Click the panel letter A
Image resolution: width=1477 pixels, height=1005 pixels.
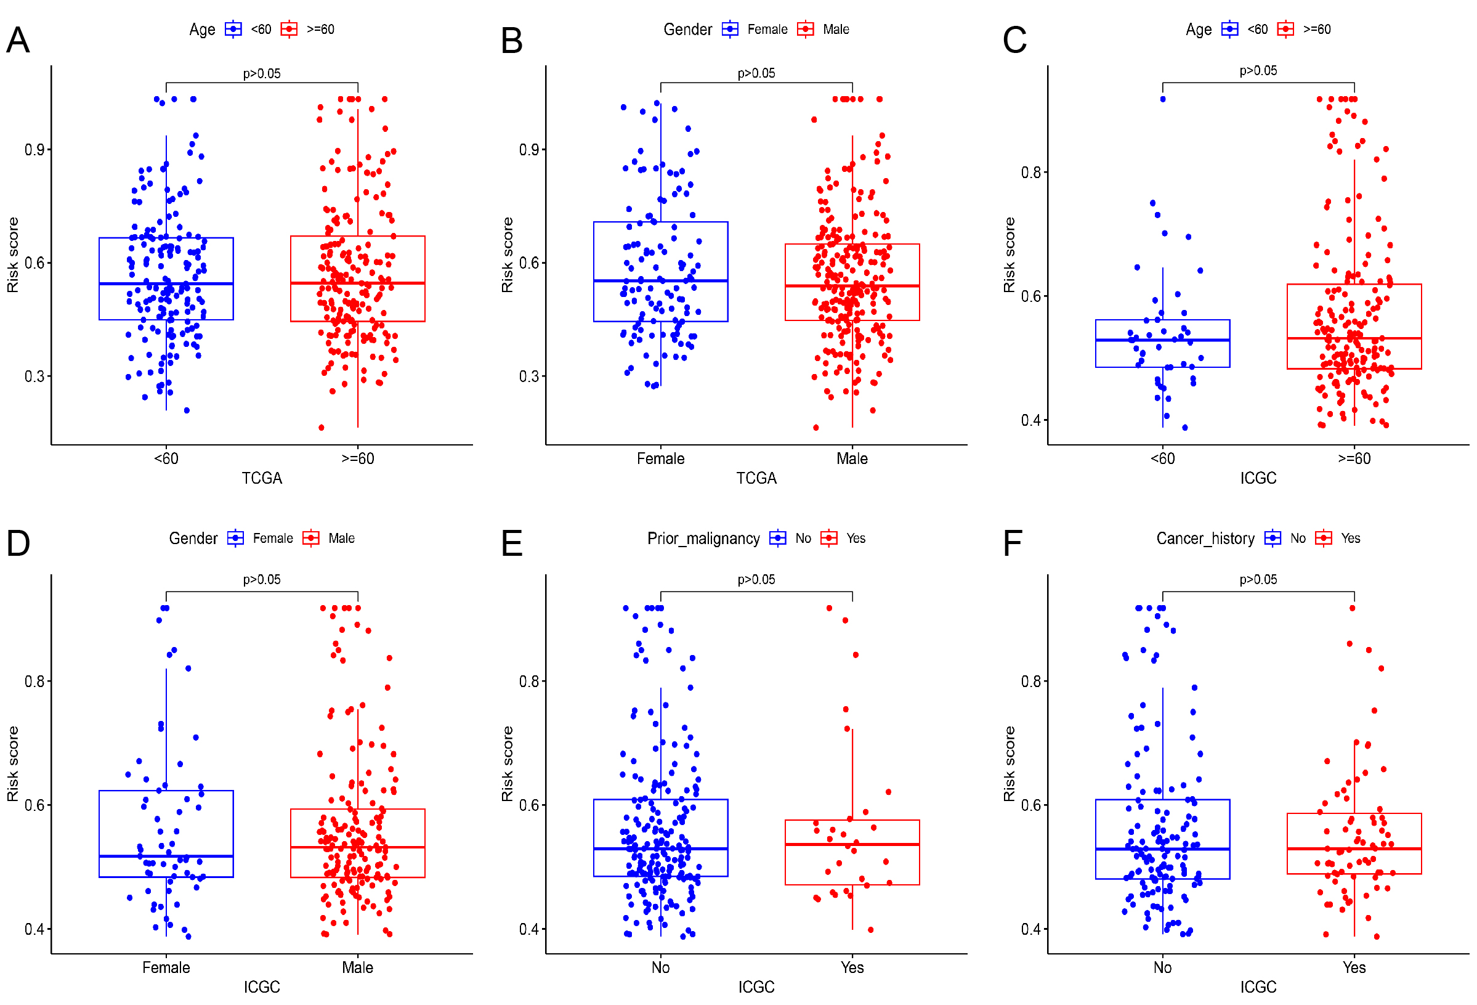(x=18, y=40)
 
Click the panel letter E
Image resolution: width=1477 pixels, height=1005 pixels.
(x=512, y=543)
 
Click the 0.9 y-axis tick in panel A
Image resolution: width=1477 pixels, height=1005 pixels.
(x=34, y=150)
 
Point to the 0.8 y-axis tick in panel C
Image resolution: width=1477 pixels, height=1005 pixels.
(x=1031, y=173)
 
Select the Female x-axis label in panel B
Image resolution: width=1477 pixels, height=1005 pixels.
(x=660, y=458)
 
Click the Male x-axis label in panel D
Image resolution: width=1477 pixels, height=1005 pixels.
(x=357, y=967)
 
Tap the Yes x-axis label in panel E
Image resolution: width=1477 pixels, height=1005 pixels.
(x=852, y=967)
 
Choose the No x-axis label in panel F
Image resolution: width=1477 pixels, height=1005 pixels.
(x=1162, y=967)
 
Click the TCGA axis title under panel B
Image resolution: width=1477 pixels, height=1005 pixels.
(x=756, y=478)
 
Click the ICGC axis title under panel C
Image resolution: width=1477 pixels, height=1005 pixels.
(x=1258, y=478)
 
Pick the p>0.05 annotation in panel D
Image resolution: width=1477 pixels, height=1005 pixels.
(x=262, y=580)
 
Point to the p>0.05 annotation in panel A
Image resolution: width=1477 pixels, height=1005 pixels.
(x=262, y=74)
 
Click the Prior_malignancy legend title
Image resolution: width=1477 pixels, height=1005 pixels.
(x=703, y=539)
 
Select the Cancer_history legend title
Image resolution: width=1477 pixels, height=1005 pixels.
(x=1205, y=539)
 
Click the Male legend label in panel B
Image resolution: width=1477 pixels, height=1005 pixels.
(x=836, y=29)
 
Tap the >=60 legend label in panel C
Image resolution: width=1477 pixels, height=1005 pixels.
(x=1317, y=29)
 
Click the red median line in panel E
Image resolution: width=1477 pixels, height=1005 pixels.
(x=852, y=844)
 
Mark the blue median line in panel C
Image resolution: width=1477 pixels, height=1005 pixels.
(x=1162, y=340)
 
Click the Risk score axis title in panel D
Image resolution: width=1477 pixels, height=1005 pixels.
(x=13, y=763)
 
